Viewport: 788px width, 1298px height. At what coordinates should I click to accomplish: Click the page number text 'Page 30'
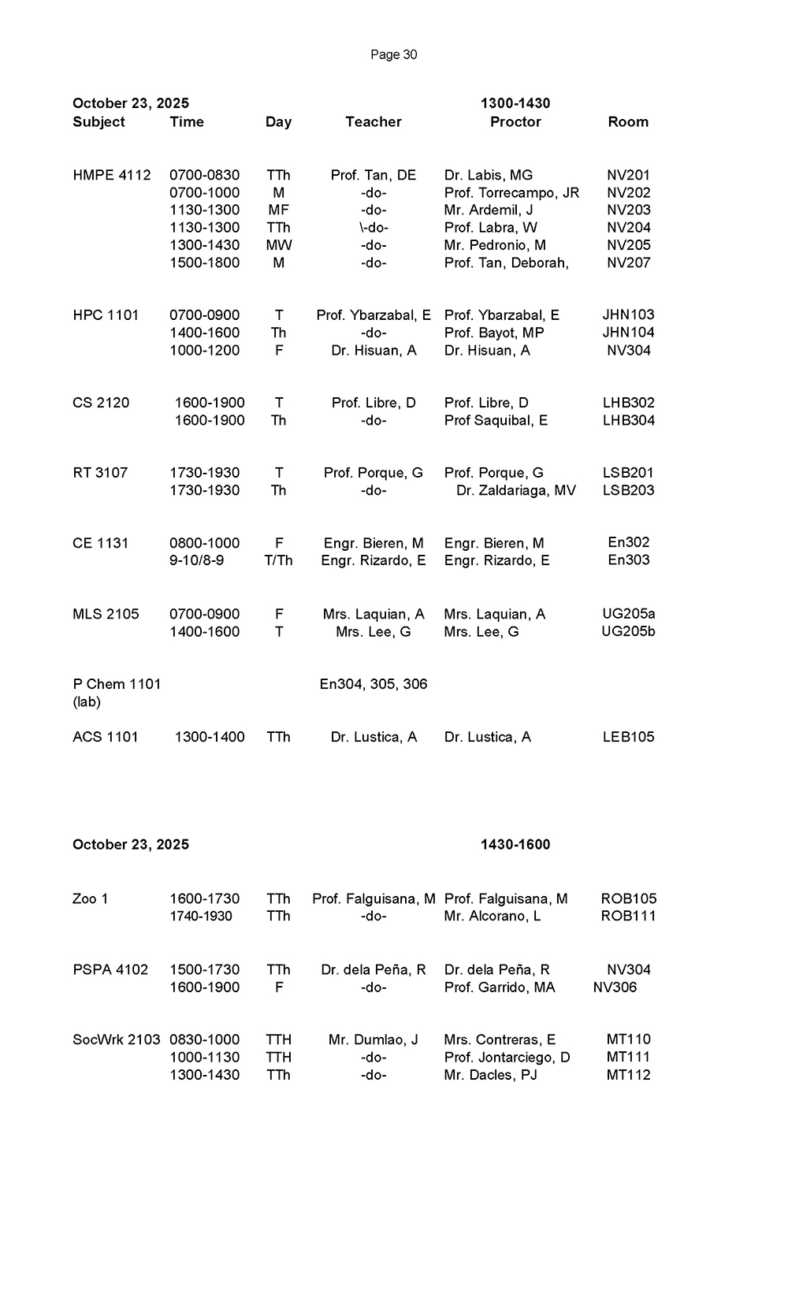click(393, 54)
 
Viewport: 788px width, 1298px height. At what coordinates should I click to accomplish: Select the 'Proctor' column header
click(515, 121)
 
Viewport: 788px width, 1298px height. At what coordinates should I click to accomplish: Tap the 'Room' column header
click(628, 121)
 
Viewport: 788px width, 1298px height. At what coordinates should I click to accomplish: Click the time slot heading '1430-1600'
click(515, 844)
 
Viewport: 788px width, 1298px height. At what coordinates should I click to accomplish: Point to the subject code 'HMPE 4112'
click(111, 175)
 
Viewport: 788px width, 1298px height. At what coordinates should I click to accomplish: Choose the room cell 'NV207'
click(628, 262)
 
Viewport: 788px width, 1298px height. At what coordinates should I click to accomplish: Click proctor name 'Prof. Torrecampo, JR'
click(511, 192)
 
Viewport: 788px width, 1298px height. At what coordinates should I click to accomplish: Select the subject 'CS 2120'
click(101, 403)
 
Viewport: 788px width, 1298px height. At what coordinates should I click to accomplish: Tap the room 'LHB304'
click(628, 420)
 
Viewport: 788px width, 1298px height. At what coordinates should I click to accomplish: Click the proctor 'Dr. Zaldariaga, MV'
click(516, 490)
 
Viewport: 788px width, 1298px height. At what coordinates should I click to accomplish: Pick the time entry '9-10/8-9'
click(196, 560)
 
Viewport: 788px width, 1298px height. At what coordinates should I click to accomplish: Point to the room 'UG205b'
click(628, 631)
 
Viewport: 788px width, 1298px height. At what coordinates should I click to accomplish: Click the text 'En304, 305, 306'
click(374, 684)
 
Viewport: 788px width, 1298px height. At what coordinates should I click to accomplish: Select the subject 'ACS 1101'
click(105, 737)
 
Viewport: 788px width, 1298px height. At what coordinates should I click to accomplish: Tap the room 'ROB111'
click(628, 916)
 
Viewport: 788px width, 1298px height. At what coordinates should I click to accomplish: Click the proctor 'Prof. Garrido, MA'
click(500, 987)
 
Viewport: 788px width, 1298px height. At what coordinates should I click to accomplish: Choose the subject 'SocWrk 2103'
click(116, 1040)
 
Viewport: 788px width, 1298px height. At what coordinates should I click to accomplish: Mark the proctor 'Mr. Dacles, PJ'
click(490, 1074)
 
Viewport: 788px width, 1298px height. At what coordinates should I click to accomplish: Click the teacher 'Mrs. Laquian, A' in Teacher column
click(374, 614)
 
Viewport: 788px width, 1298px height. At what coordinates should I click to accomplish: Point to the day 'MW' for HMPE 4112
click(278, 245)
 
